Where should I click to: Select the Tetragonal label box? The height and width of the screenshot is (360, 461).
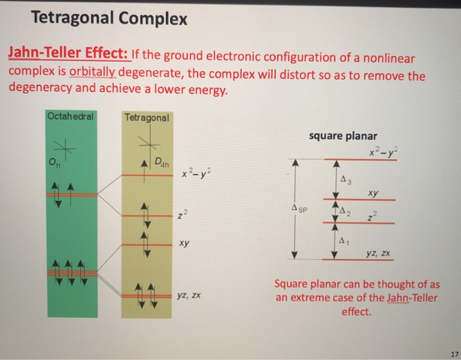coord(147,118)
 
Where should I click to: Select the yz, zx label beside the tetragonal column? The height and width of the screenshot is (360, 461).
coord(188,297)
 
